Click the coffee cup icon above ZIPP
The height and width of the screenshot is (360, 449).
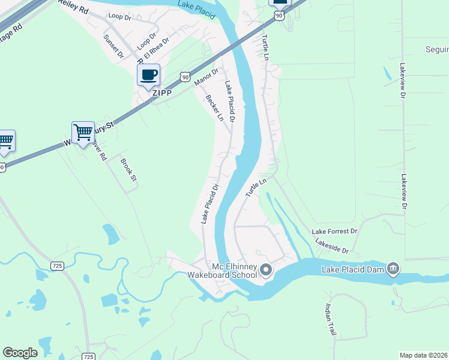tap(148, 75)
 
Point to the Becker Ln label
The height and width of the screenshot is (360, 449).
tap(214, 108)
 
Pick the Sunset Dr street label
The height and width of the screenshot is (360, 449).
tap(113, 46)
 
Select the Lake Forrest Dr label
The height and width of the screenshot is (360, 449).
tap(334, 231)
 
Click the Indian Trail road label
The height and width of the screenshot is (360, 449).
tap(331, 318)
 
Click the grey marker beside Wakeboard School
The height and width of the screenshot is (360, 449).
tap(266, 272)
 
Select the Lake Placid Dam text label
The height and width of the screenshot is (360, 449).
tap(351, 269)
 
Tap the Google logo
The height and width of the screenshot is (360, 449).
tap(20, 353)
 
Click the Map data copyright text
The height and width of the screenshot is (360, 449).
tap(424, 355)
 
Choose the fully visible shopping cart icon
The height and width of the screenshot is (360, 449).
tap(83, 132)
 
